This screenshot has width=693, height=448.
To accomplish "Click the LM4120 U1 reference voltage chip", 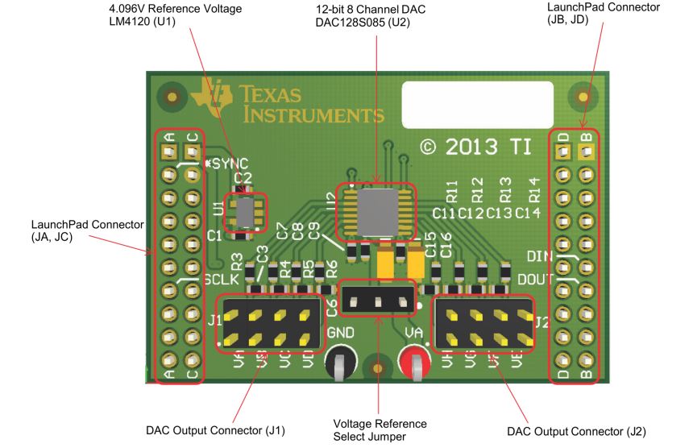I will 243,212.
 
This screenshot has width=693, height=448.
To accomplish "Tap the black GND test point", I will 339,363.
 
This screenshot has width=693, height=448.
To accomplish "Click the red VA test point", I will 416,363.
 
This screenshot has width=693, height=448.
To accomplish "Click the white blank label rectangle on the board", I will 477,104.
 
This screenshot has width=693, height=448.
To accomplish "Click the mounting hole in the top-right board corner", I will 582,97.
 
